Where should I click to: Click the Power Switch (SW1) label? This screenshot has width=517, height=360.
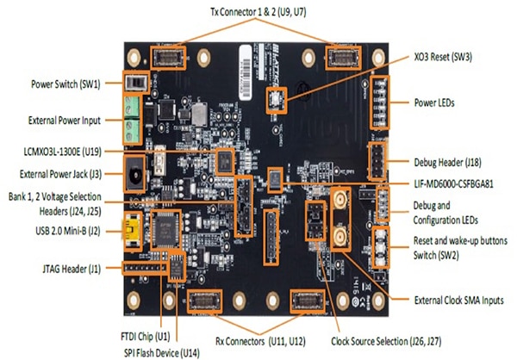[x=63, y=84]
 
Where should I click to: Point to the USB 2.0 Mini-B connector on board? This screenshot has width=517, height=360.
[x=137, y=230]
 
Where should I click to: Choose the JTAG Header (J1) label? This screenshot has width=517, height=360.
[x=67, y=269]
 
